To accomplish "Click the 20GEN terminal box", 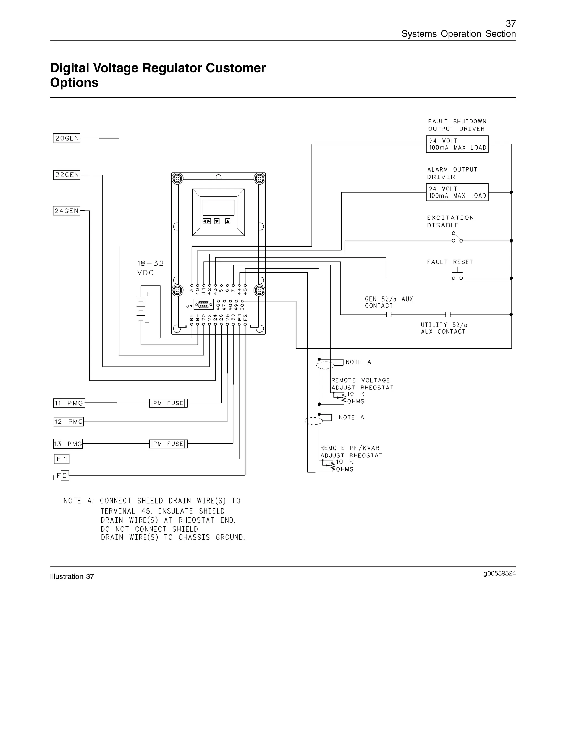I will click(66, 138).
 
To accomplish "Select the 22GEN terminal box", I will click(66, 175).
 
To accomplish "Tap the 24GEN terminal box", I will click(66, 211).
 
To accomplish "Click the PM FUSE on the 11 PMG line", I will click(168, 403).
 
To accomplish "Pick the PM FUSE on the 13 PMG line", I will click(168, 444).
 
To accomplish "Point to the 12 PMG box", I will click(69, 422).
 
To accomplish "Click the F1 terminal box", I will click(62, 459).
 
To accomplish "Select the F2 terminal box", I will click(61, 476).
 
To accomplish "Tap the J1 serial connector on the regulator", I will click(203, 305).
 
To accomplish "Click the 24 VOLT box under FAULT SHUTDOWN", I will click(457, 144).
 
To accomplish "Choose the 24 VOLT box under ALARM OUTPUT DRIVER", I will click(457, 192).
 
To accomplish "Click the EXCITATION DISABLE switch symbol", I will click(457, 238).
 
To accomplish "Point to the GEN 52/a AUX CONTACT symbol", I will click(389, 314).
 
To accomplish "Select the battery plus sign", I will click(147, 294).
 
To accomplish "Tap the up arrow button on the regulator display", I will click(228, 221).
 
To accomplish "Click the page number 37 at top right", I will click(510, 23).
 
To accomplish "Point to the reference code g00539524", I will click(499, 573).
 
